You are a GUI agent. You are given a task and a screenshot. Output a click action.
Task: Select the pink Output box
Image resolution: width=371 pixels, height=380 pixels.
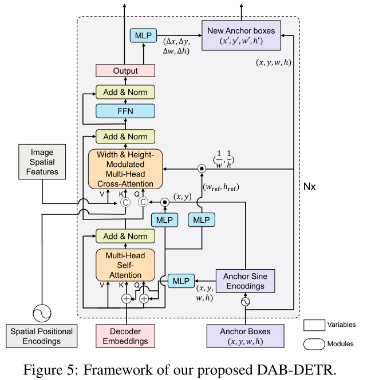125,71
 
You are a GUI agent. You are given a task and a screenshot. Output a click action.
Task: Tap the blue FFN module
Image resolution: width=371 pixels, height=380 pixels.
125,111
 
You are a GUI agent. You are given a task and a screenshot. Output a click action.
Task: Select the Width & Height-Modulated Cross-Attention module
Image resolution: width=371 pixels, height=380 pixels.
125,169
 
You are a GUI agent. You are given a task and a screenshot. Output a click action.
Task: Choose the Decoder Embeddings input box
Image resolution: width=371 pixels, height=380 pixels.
125,336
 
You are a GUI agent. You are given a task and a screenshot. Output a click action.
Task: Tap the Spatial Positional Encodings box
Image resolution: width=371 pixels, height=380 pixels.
42,336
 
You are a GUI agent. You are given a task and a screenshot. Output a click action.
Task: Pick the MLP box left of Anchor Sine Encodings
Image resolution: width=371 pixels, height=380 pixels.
181,281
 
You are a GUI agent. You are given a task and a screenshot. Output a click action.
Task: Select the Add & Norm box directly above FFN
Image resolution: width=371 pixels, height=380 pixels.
125,92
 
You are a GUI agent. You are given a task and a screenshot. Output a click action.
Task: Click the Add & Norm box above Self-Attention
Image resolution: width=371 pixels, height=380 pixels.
125,236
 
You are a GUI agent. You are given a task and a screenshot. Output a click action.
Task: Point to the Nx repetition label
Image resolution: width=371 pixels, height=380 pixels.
309,186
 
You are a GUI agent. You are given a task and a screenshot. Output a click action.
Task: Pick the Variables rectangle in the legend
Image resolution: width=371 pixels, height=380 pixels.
313,325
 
